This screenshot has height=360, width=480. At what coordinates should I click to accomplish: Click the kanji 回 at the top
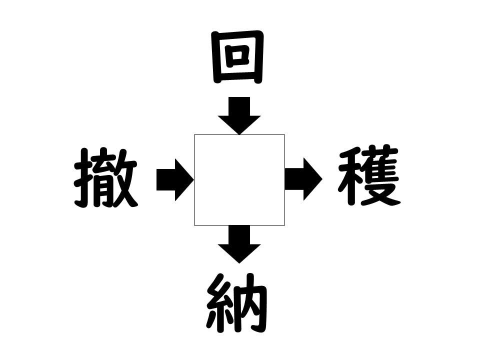(238, 57)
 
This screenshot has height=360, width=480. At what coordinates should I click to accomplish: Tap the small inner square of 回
(237, 55)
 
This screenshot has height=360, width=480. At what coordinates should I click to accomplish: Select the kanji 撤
(105, 178)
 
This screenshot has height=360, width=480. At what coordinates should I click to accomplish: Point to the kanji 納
(237, 303)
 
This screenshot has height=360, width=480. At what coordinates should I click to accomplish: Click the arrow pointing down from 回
(239, 115)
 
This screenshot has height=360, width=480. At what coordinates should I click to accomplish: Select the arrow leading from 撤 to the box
(175, 179)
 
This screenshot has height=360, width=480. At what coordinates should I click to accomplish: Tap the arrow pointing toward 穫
(303, 179)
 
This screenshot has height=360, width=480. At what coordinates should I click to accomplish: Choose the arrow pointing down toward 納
(239, 244)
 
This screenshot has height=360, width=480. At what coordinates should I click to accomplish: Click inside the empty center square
(239, 180)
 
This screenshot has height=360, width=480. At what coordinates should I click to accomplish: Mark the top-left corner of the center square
(194, 134)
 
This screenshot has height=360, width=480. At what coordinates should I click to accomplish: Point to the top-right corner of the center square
(285, 134)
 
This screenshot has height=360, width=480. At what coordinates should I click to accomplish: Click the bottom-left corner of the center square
(194, 225)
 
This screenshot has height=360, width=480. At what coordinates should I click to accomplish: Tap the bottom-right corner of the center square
(285, 225)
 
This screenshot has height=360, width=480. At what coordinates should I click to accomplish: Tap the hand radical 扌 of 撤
(83, 178)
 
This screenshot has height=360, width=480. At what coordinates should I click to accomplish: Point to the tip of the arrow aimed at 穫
(322, 179)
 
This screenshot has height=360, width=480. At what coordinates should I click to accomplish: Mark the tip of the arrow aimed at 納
(239, 263)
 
